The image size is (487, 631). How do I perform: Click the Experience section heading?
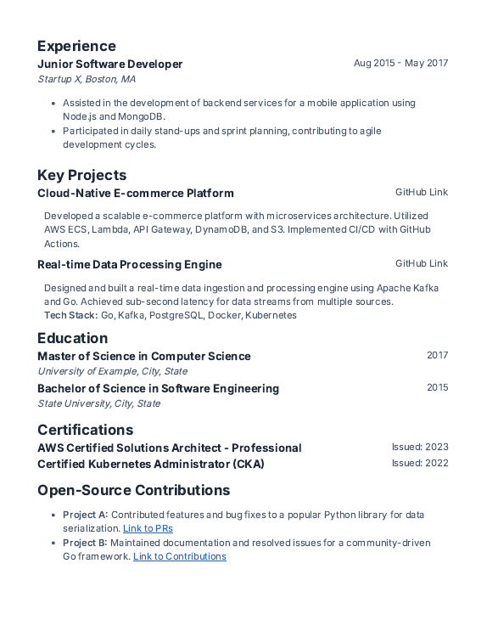coord(76,46)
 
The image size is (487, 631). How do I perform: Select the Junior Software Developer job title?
coord(109,64)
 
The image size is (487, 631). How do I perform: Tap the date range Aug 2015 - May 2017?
coord(400,63)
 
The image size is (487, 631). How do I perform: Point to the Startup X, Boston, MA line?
coord(87,79)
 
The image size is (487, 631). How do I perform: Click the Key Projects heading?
coord(81,175)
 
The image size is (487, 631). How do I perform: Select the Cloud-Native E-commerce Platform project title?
coord(135,193)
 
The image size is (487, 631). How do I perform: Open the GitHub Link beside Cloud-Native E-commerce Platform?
coord(421,192)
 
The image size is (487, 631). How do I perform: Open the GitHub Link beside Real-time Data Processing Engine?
coord(421,263)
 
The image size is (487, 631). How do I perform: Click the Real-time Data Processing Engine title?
coord(129,264)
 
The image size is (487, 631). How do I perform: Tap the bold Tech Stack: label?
coord(70,315)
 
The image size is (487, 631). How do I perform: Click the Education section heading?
coord(72,338)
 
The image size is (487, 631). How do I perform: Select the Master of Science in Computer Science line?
coord(143,356)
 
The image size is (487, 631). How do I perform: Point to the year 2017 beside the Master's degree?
coord(437,355)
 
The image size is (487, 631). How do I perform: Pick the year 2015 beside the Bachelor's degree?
coord(437,387)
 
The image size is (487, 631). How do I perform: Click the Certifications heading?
coord(85,430)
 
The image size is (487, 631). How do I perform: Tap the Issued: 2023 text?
coord(419,447)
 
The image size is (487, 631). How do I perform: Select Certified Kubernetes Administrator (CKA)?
coord(150,464)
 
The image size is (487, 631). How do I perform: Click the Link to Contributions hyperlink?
coord(179,556)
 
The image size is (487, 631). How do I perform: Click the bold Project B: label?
coord(85,543)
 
